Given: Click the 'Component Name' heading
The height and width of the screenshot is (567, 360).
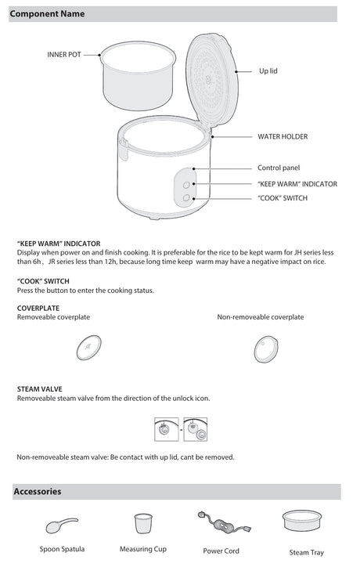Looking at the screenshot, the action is pos(47,14).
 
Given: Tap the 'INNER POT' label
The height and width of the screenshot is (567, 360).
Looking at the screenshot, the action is pos(64,55).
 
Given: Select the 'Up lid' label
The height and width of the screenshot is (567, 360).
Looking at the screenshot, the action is pos(268,70).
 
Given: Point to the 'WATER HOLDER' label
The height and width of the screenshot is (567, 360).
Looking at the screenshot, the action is pos(283,137).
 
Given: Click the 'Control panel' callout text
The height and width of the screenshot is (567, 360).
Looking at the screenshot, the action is pos(279,168).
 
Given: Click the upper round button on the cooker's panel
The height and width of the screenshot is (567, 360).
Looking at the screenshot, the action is pos(186,185).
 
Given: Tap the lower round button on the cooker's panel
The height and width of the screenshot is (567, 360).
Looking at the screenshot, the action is pos(186,198).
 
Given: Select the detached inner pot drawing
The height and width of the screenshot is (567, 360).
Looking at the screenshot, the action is pos(138,76).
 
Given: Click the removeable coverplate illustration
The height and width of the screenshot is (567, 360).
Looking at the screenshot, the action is pos(89,348).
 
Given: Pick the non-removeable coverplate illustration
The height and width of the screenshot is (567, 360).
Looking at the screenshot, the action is pos(266,349).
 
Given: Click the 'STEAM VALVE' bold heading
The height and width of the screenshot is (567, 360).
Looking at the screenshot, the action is pos(39,389).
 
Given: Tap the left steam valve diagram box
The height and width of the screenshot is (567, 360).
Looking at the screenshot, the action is pos(166,429).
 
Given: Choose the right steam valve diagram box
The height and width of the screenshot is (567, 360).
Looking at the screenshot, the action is pos(195,429).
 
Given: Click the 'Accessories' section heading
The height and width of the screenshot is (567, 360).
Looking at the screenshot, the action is pos(38,491).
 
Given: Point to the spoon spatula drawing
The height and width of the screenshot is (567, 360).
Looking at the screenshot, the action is pos(62,525).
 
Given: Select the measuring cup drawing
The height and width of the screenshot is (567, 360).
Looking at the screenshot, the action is pos(143,523).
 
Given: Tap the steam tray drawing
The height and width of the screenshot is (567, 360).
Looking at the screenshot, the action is pos(302,521).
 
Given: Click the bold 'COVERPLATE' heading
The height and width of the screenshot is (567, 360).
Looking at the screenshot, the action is pos(38,308).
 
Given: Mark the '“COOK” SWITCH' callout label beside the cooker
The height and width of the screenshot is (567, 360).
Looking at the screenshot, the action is pos(283,198).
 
